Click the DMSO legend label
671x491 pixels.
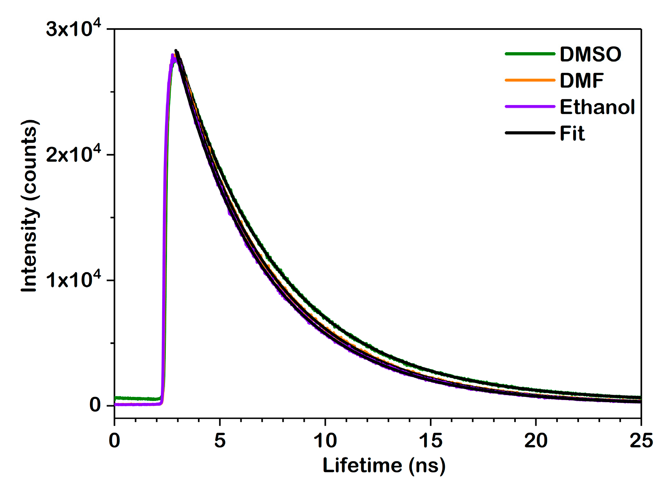tap(590, 54)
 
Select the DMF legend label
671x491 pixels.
tap(581, 81)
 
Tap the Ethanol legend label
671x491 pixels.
tap(597, 107)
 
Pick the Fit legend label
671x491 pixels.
tap(572, 134)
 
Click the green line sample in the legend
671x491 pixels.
tap(530, 54)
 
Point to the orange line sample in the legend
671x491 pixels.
tap(530, 80)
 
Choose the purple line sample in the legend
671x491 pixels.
tap(530, 107)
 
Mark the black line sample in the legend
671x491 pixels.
tap(530, 133)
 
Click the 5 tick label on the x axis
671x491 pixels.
tap(220, 440)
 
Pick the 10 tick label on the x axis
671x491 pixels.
tap(325, 440)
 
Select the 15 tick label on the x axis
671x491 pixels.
tap(430, 440)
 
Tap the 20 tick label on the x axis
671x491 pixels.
tap(536, 440)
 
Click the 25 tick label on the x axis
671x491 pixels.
tap(641, 440)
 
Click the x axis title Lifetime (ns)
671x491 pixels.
tap(384, 465)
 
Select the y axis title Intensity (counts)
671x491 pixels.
tap(29, 206)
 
